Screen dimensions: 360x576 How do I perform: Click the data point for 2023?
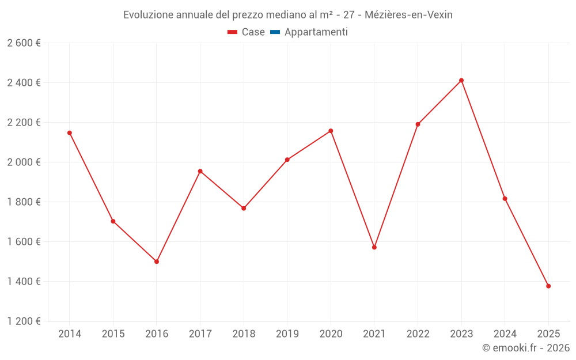pos(461,81)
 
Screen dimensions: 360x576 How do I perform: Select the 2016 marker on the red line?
pos(157,262)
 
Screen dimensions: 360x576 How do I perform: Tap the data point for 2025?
pos(548,286)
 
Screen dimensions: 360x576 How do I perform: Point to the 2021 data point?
pos(374,247)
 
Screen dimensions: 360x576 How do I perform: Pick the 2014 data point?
pos(70,133)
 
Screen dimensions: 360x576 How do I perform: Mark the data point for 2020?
pos(331,131)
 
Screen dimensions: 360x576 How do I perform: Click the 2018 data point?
pos(244,209)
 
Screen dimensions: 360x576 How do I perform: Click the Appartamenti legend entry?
pos(316,32)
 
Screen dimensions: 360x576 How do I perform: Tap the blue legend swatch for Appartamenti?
pos(275,32)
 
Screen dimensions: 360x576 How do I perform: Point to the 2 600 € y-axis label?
pos(24,43)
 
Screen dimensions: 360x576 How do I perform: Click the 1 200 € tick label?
pos(24,321)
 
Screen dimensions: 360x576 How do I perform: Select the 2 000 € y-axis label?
pos(24,162)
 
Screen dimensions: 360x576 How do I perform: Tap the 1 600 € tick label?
pos(24,242)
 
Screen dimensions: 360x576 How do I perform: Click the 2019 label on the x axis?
pos(287,334)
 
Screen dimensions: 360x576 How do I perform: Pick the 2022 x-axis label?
pos(418,334)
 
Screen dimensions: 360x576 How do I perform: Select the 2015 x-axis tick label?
pos(113,334)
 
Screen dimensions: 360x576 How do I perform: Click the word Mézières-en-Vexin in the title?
pos(408,15)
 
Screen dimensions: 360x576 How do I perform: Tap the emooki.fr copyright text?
pos(525,348)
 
